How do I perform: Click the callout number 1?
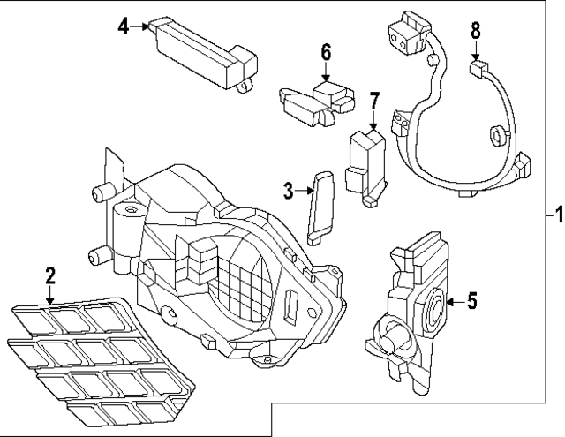tap(556, 214)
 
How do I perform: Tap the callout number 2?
tap(50, 274)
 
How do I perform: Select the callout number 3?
tap(288, 188)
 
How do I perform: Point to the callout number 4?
tap(124, 26)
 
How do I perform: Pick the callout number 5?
tap(471, 302)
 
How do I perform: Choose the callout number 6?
tap(326, 52)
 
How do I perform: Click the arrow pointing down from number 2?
tap(50, 294)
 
